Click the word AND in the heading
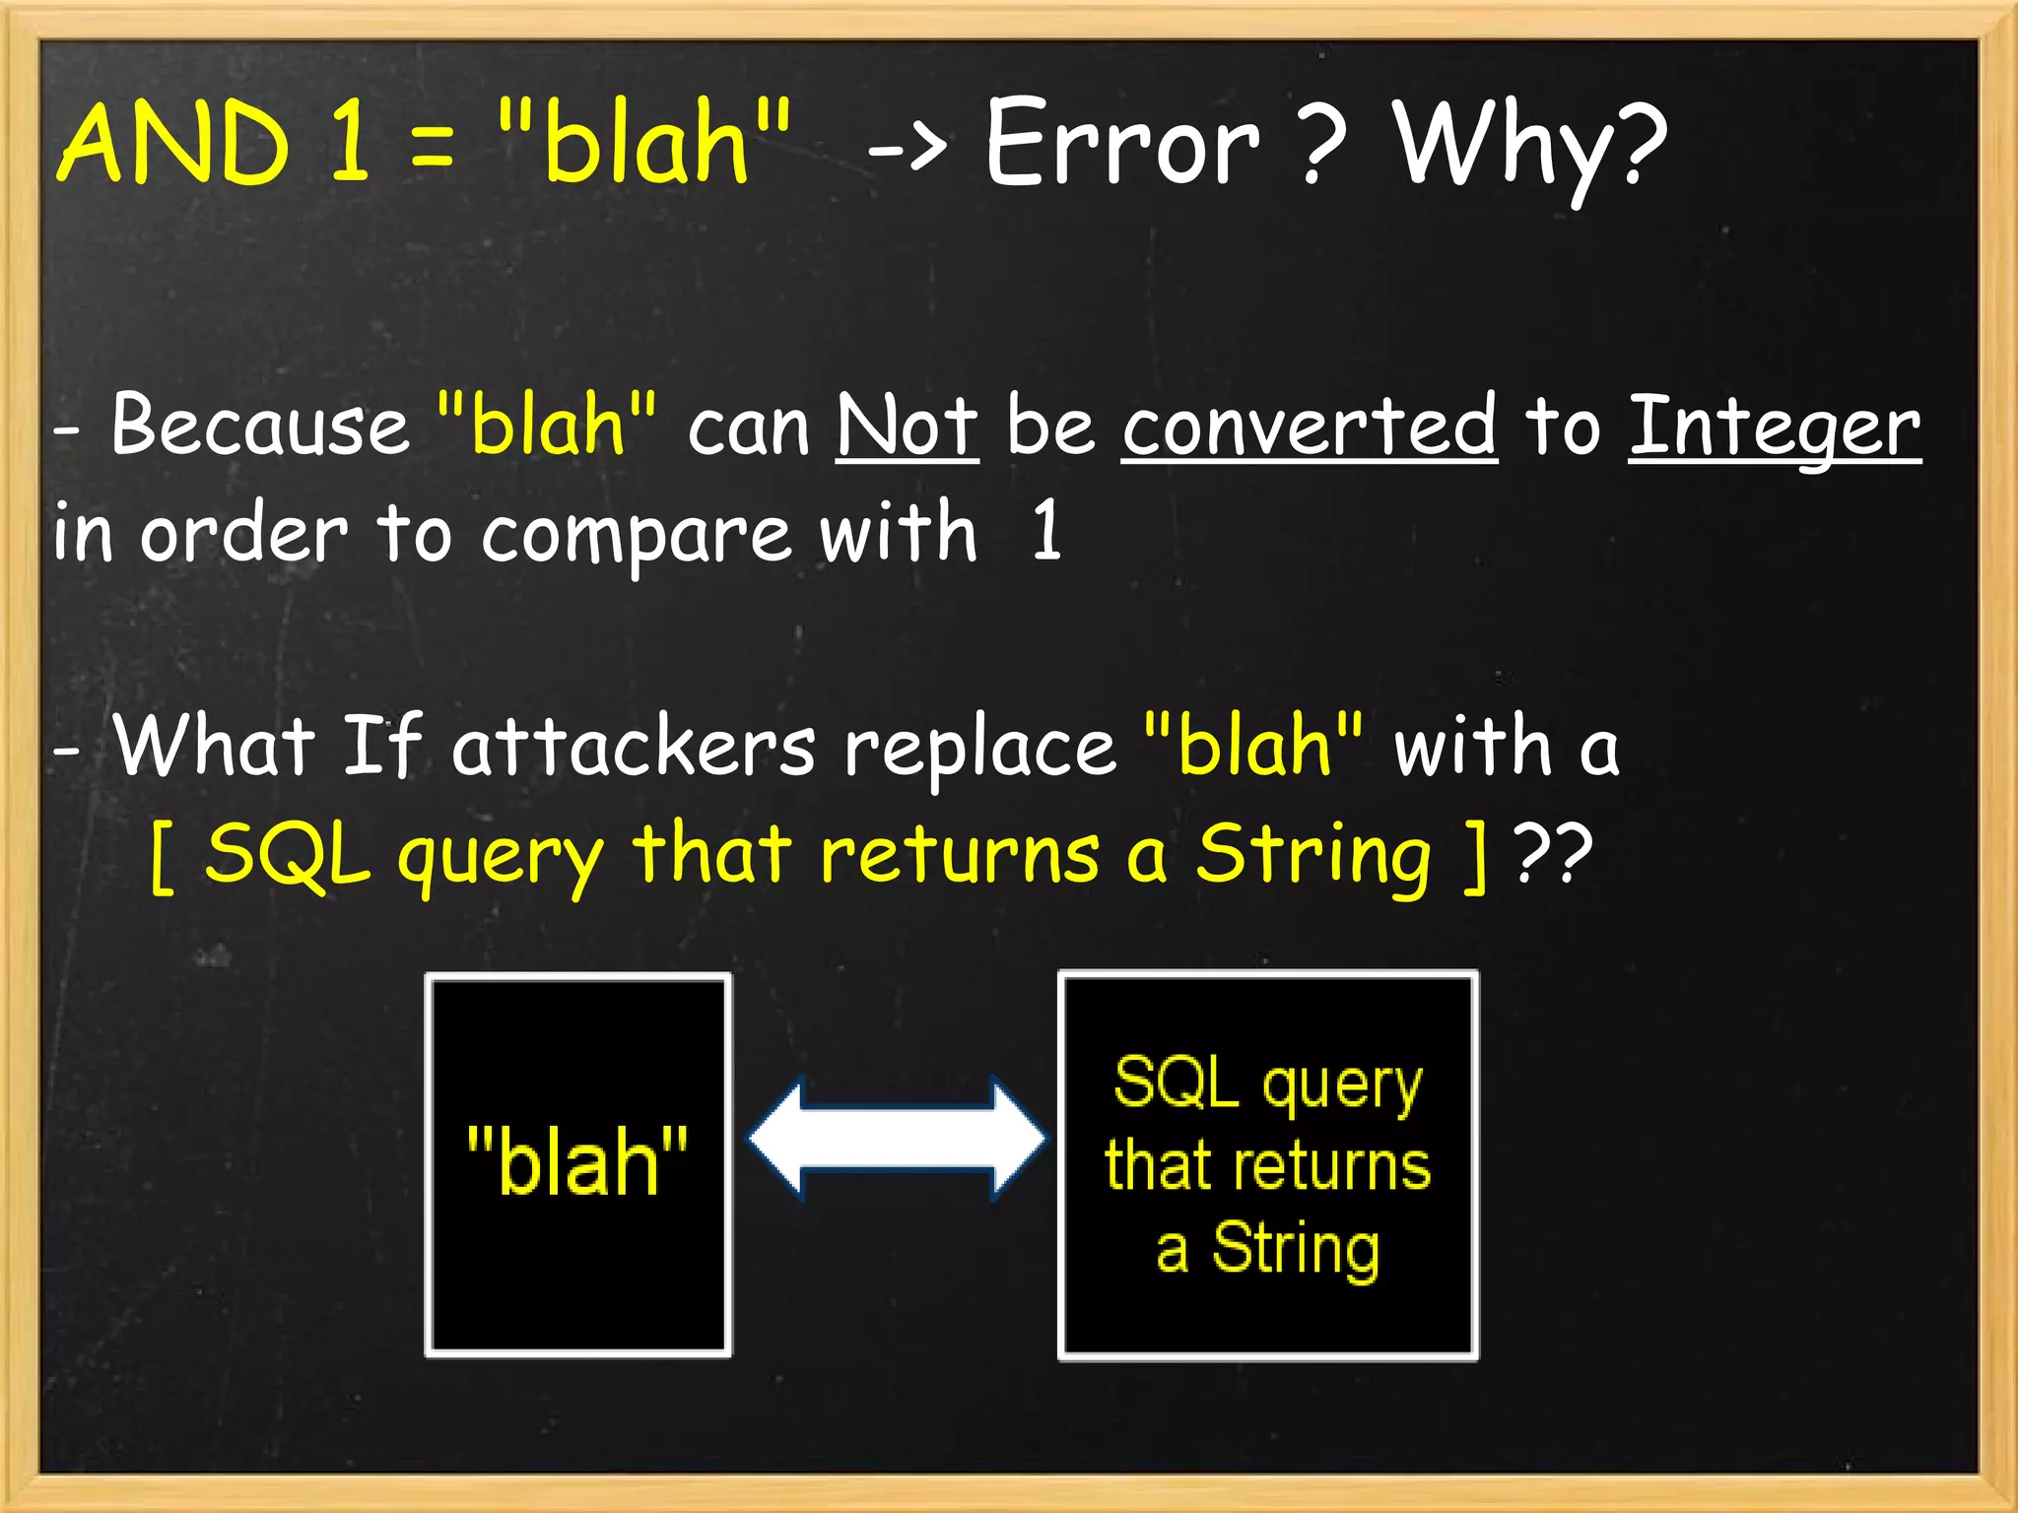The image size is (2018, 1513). tap(173, 145)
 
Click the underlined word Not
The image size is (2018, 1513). tap(907, 426)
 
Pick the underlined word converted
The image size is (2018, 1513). tap(1310, 426)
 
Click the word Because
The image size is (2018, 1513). tap(259, 426)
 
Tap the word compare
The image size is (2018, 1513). tap(636, 535)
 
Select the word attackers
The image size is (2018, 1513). tap(633, 747)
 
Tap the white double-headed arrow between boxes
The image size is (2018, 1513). tap(897, 1139)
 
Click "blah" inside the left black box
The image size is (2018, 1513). tap(577, 1161)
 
